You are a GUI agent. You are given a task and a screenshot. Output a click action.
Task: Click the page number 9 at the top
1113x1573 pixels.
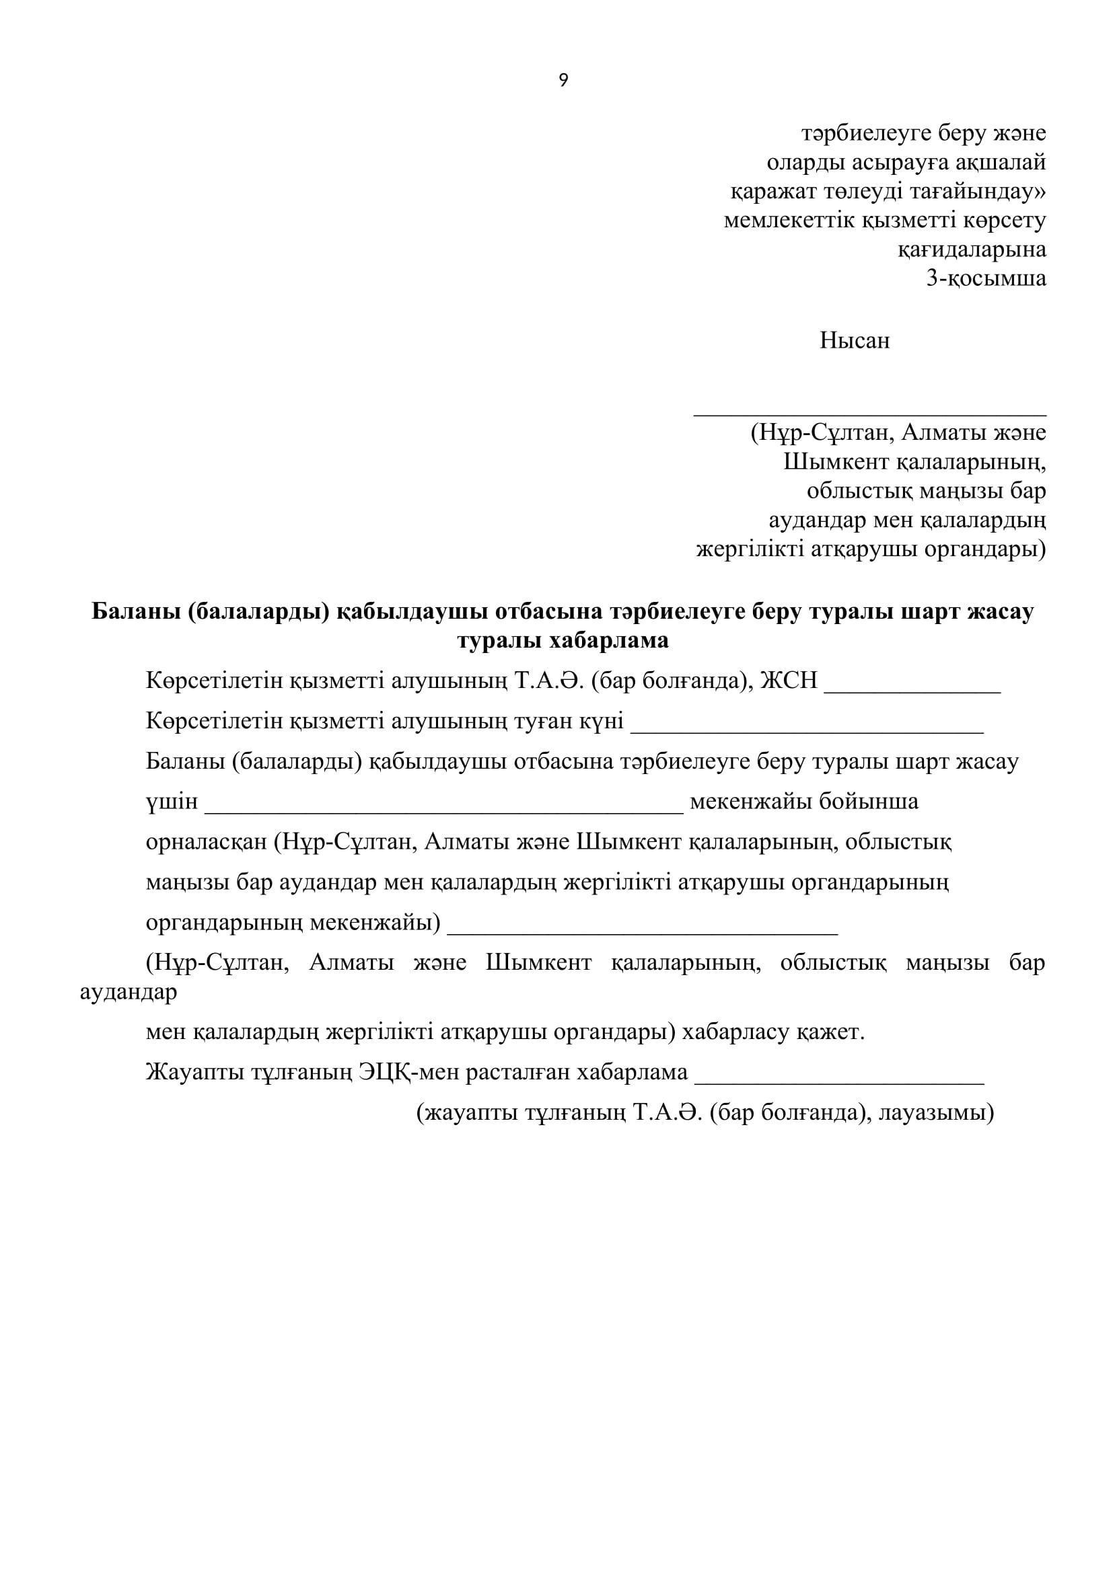pyautogui.click(x=563, y=81)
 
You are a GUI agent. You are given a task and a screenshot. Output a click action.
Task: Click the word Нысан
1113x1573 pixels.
pyautogui.click(x=854, y=340)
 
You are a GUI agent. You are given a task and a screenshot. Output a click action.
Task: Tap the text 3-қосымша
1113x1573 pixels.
pyautogui.click(x=986, y=278)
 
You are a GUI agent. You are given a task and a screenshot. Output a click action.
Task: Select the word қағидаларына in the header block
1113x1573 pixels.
pyautogui.click(x=972, y=250)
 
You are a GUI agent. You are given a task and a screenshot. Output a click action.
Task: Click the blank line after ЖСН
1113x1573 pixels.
pyautogui.click(x=912, y=691)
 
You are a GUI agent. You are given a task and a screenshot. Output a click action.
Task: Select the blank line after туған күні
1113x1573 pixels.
pyautogui.click(x=807, y=731)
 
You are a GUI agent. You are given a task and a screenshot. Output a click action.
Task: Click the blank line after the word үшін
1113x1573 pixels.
pyautogui.click(x=443, y=811)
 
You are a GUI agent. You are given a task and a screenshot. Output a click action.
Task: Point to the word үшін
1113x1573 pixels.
pyautogui.click(x=172, y=802)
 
